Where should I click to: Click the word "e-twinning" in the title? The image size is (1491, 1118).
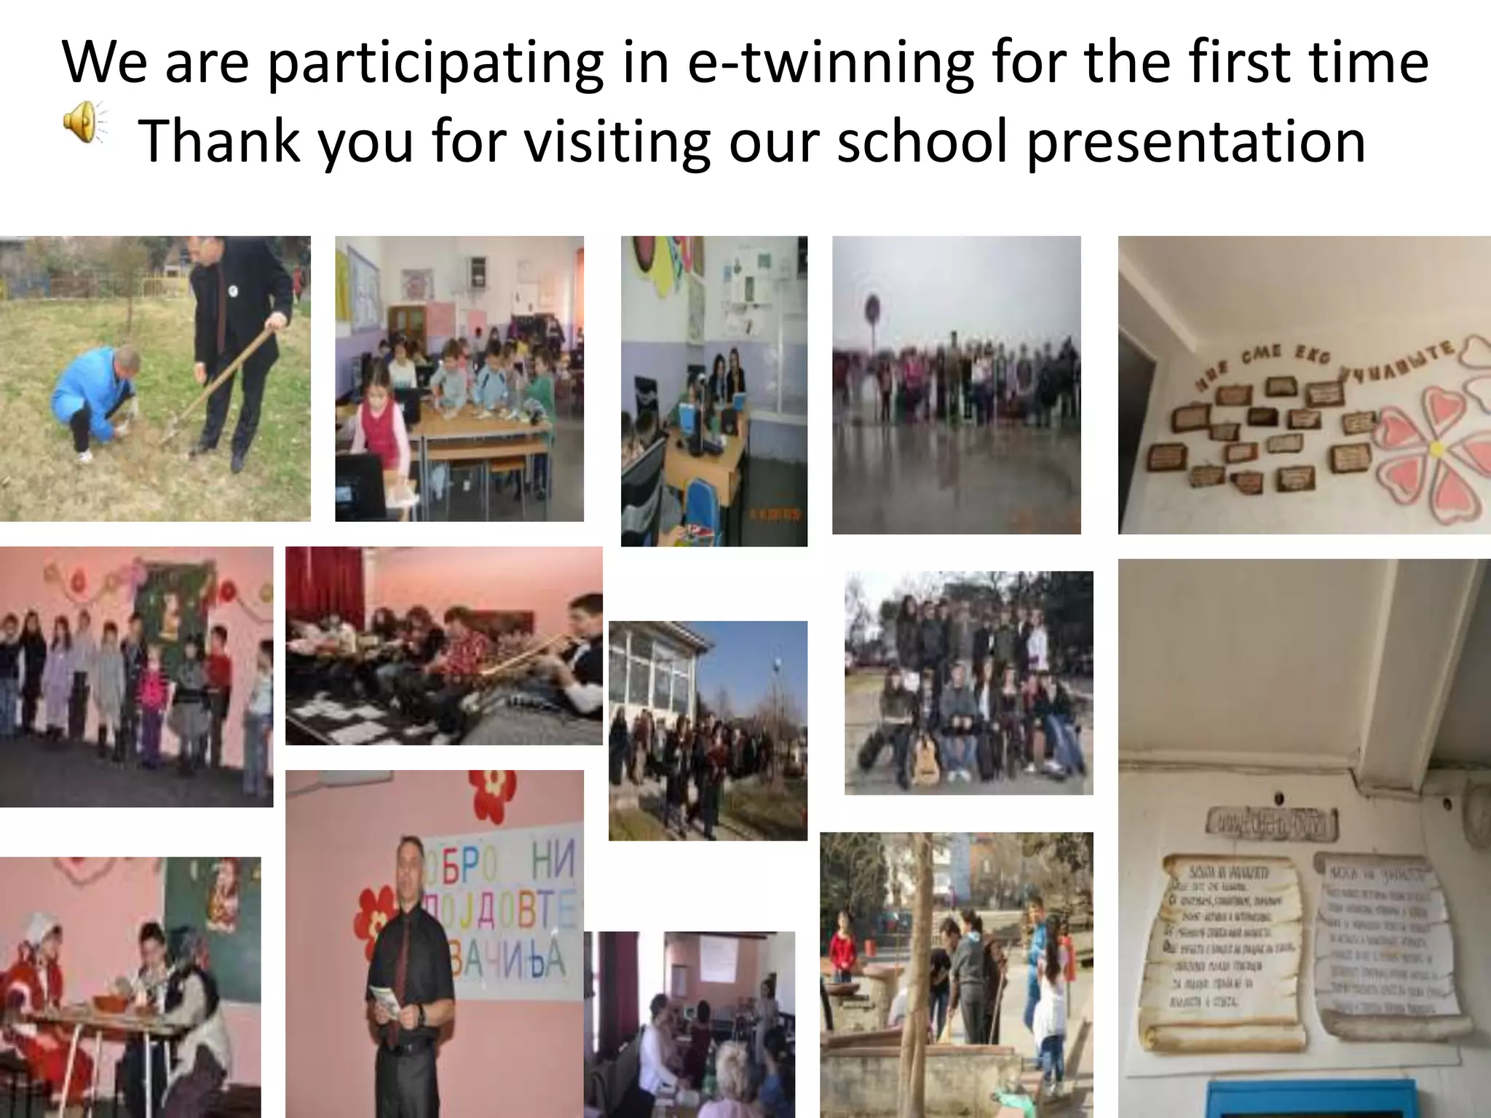coord(830,63)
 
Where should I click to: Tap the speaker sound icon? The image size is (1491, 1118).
coord(82,120)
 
